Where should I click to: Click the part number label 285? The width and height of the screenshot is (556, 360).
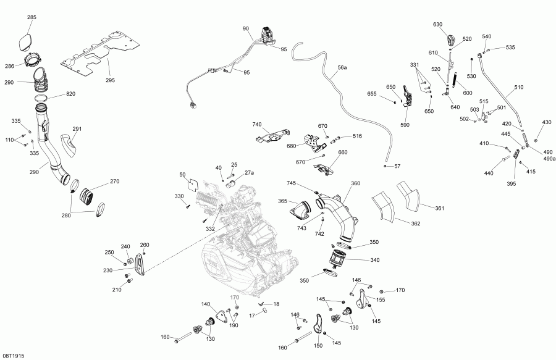(32, 18)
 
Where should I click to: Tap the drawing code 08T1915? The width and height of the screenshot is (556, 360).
(14, 356)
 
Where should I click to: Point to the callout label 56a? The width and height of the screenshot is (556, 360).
(342, 66)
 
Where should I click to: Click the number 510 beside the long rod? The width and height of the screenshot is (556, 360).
(518, 88)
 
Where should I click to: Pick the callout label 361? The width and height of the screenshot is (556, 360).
(439, 209)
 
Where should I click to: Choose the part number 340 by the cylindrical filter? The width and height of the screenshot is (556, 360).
(375, 261)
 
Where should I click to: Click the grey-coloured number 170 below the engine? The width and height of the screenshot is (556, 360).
(235, 298)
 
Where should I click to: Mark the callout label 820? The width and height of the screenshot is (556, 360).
(71, 94)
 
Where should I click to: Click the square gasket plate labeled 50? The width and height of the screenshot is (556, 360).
(193, 185)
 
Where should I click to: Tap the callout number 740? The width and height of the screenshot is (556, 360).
(257, 125)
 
